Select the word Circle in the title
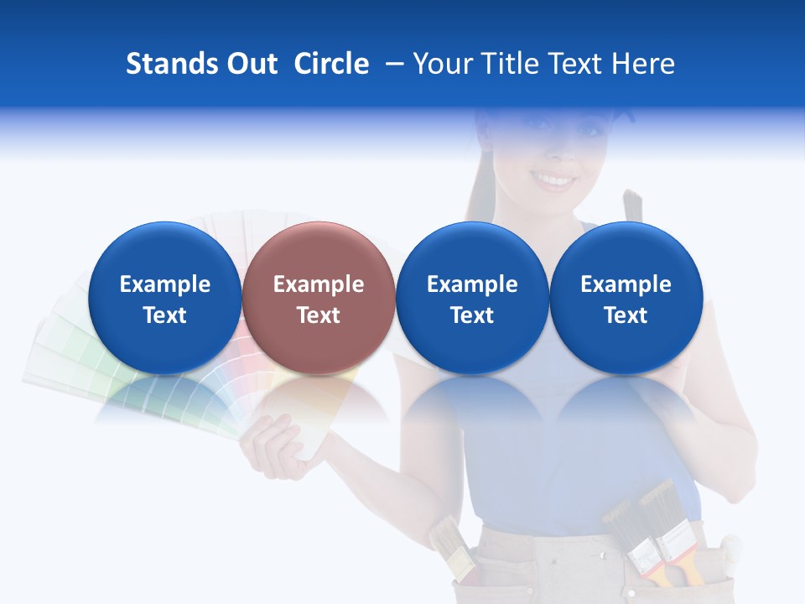pos(331,64)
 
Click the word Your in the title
pos(442,64)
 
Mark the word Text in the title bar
pos(574,64)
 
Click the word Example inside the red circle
pos(319,284)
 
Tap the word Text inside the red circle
pos(319,315)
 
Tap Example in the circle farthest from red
pos(626,284)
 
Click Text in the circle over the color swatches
pos(164,315)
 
